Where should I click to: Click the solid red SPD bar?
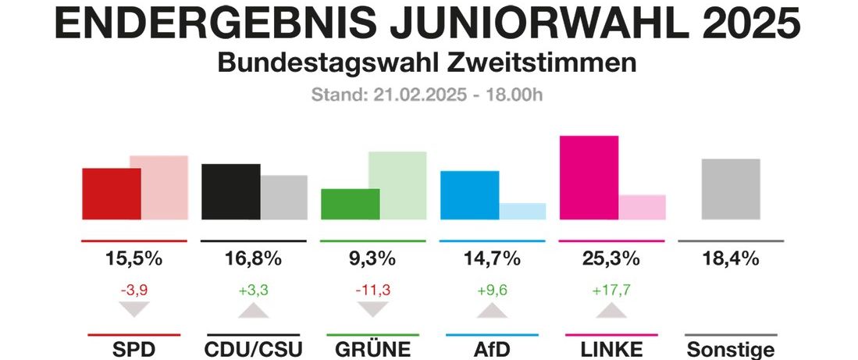click(111, 194)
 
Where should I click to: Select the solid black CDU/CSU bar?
click(230, 191)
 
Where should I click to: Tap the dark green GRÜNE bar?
click(350, 204)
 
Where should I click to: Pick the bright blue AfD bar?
click(469, 195)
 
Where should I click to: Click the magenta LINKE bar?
click(589, 177)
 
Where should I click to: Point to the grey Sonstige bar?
click(731, 189)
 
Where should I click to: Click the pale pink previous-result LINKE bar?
click(643, 207)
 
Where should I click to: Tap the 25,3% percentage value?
click(611, 258)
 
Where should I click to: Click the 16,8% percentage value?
click(252, 258)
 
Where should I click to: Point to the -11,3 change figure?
click(372, 290)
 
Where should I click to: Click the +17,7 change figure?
click(611, 290)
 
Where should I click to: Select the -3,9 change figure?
click(133, 290)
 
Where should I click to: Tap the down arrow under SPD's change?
click(133, 309)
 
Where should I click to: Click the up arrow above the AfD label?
click(491, 311)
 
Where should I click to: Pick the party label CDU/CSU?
click(252, 348)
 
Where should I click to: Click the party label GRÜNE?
click(372, 348)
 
